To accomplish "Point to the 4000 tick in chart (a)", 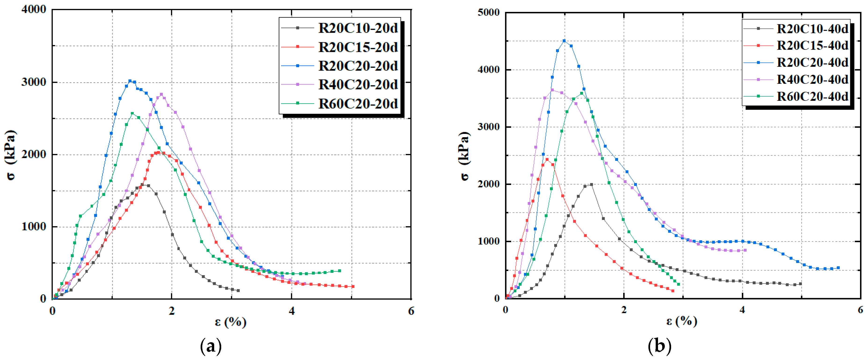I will [34, 9].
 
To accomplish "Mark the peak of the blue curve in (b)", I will [564, 41].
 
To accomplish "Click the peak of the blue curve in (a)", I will [130, 81].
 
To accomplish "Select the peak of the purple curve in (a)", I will [161, 94].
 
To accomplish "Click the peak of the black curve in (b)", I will [591, 184].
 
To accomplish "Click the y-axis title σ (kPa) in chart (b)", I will [465, 156].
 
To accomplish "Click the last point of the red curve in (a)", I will [353, 287].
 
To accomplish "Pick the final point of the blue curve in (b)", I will [838, 268].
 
